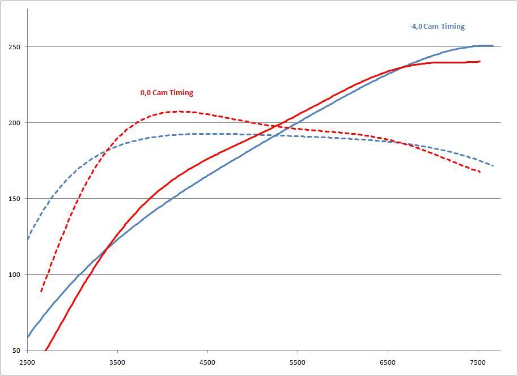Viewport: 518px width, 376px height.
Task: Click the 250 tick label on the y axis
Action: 15,47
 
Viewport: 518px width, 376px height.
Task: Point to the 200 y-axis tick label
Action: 15,123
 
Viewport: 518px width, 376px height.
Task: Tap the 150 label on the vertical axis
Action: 15,199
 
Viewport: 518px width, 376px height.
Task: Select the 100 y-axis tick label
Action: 15,275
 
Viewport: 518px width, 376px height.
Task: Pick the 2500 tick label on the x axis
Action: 27,362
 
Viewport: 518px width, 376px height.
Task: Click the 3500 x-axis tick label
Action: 117,362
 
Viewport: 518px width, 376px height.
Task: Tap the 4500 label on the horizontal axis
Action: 207,362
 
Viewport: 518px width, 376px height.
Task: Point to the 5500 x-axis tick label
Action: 298,362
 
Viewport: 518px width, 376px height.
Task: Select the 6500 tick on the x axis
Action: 388,362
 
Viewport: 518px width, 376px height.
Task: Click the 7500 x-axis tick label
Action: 478,362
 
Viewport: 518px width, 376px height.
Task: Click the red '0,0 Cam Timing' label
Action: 167,93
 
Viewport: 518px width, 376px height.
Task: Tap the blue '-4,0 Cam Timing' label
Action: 436,27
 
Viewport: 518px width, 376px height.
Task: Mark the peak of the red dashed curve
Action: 177,112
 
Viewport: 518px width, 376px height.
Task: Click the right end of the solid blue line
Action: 492,46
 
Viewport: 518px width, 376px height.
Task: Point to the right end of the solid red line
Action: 479,62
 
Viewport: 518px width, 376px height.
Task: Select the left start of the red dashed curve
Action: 41,292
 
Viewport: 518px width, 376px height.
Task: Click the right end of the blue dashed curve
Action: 493,166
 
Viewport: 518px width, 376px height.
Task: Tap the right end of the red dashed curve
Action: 480,172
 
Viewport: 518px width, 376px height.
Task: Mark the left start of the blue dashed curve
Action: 28,239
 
